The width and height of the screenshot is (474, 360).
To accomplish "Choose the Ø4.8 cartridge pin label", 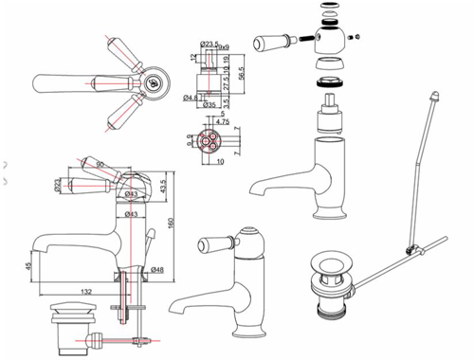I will pos(191,96).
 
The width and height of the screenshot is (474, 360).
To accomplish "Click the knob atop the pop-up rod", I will pos(434,98).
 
